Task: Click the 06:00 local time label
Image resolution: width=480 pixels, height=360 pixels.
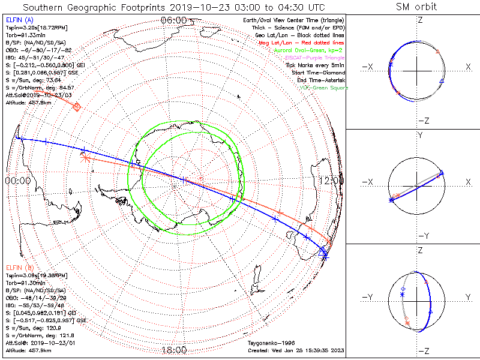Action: pos(174,20)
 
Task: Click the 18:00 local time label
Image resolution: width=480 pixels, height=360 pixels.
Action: pos(174,350)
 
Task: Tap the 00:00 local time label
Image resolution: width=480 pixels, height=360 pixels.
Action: pos(17,180)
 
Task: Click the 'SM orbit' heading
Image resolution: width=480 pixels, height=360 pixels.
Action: pos(416,7)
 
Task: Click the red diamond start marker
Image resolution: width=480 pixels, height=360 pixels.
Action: pos(77,106)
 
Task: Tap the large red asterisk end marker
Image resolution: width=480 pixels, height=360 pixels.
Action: pos(85,158)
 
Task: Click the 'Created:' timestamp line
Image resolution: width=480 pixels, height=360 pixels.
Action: pos(295,350)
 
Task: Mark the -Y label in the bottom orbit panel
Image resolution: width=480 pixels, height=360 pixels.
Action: pos(368,297)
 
